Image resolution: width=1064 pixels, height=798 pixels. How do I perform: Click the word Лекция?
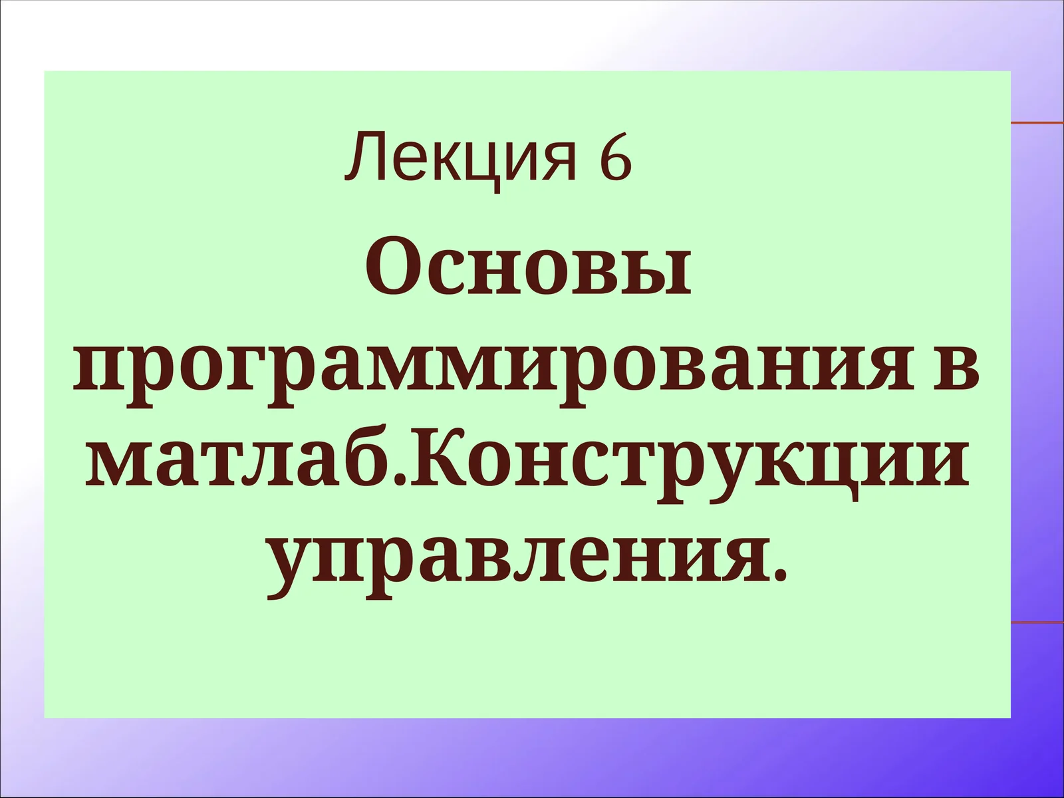460,158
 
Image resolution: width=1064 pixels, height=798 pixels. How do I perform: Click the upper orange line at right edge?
1037,123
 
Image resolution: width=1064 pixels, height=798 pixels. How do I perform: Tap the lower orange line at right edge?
1037,622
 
